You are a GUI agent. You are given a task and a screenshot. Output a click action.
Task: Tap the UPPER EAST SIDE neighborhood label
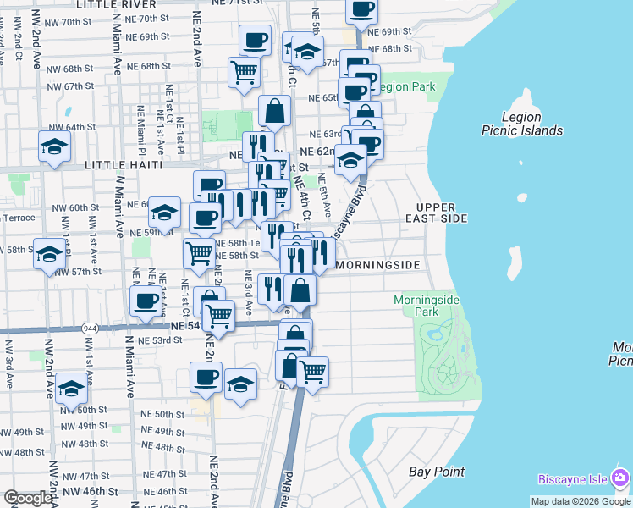(442, 213)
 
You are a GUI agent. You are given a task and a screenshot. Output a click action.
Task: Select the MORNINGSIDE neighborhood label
(378, 265)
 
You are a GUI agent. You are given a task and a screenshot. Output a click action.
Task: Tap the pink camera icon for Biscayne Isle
(620, 478)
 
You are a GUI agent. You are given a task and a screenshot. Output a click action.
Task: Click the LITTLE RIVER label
(118, 4)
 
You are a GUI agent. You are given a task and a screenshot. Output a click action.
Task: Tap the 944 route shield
(91, 327)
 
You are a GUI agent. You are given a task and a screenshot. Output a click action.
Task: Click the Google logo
(28, 498)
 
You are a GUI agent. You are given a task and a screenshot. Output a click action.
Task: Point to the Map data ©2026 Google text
(581, 501)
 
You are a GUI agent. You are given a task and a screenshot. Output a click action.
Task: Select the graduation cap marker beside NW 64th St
(54, 146)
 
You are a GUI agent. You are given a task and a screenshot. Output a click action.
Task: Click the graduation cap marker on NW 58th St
(49, 253)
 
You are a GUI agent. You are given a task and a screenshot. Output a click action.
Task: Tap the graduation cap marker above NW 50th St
(72, 387)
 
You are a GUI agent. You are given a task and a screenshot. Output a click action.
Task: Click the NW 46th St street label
(89, 491)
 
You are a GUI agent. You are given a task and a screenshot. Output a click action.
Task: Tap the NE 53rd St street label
(162, 340)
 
